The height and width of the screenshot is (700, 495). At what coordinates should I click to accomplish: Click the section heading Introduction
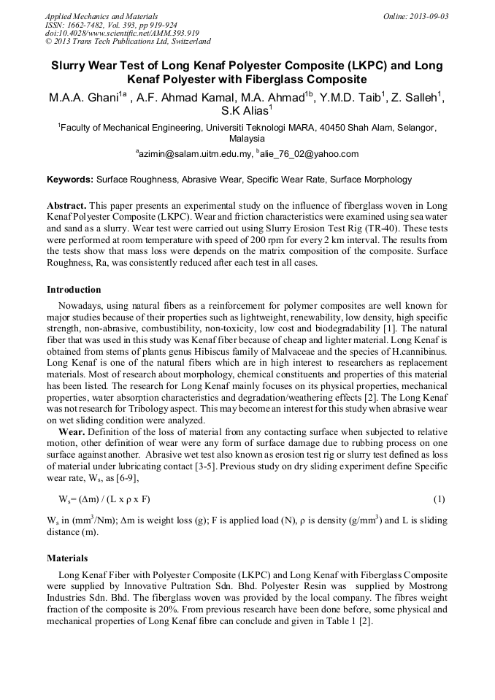[74, 290]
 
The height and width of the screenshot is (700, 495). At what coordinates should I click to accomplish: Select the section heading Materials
[67, 558]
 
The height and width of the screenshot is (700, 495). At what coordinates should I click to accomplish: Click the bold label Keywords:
[70, 179]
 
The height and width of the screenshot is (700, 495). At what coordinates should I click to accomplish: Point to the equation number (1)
[439, 499]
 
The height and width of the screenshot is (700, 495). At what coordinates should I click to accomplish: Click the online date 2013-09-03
[429, 16]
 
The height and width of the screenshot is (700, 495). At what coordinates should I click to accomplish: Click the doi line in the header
[122, 33]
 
